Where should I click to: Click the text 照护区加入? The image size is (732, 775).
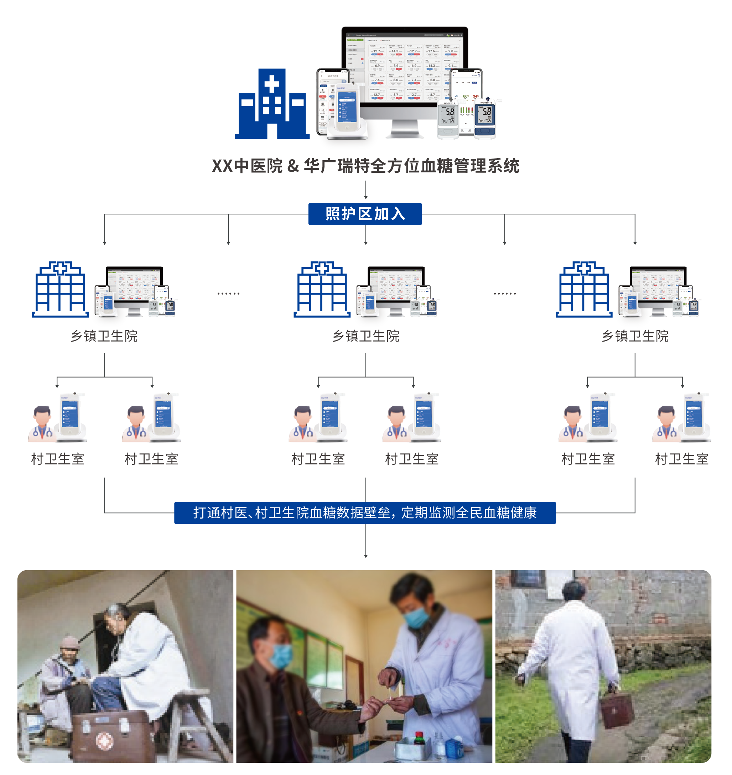point(365,214)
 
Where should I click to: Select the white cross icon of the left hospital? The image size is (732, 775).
point(60,270)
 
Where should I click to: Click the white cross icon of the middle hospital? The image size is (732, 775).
point(322,270)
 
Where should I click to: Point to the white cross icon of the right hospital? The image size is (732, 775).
point(584,270)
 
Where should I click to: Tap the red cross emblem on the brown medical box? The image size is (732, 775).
point(104,740)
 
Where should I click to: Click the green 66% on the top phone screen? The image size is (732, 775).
point(466,97)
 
